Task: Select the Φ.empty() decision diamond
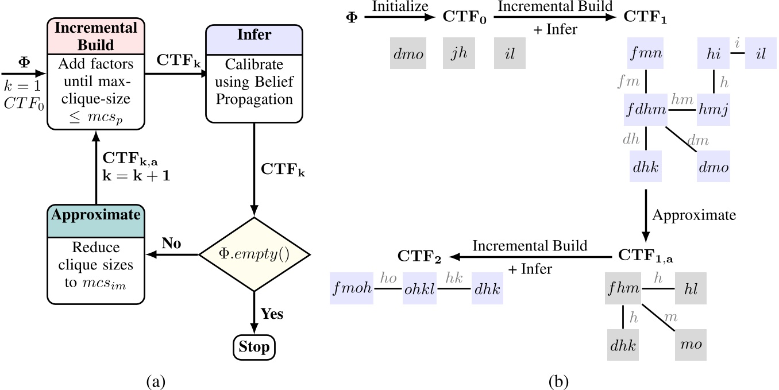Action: point(254,254)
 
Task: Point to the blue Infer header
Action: point(254,35)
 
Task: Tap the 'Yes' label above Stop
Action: point(272,314)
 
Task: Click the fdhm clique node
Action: point(646,109)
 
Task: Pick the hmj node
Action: point(714,109)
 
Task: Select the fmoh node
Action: point(352,291)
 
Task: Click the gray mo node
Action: point(690,345)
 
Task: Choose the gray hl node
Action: point(690,289)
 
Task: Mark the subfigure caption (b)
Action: point(560,380)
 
